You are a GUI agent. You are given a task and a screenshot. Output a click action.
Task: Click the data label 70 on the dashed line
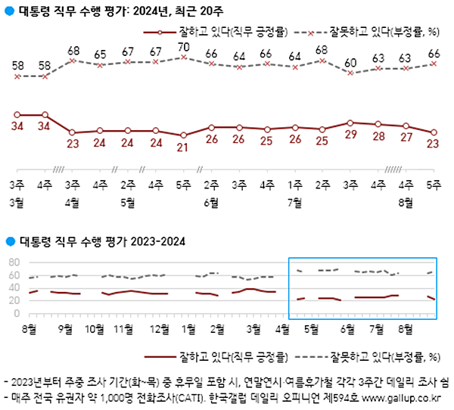click(183, 48)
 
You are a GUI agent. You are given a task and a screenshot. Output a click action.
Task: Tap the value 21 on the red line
click(183, 147)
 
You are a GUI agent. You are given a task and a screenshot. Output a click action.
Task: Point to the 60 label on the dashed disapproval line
click(350, 62)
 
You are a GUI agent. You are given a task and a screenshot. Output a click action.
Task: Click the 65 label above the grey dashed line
click(100, 54)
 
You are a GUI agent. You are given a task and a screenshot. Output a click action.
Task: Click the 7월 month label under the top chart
click(294, 201)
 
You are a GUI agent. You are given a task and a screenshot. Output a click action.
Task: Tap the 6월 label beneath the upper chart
click(211, 201)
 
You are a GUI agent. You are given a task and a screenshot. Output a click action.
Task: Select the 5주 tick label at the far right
click(434, 184)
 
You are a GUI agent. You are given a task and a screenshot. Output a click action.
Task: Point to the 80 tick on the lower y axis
click(12, 262)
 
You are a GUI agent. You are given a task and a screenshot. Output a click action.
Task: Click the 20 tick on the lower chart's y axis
click(12, 301)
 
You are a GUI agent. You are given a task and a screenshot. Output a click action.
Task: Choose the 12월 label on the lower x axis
click(159, 329)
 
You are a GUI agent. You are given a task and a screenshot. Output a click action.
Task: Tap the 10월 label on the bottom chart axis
click(95, 329)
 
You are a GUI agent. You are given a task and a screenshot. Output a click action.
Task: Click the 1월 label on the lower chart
click(188, 329)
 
